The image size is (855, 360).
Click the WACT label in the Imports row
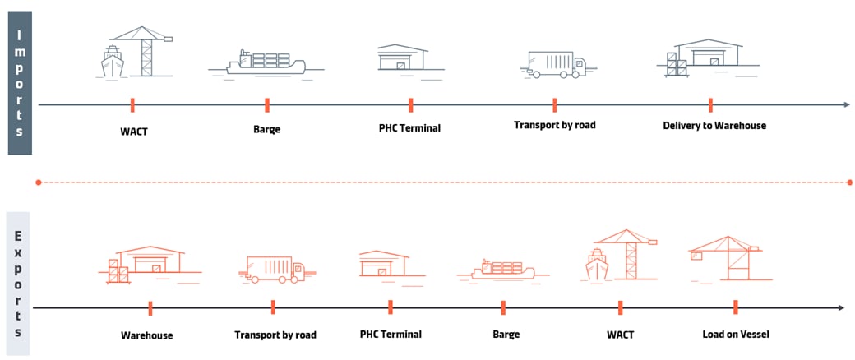pyautogui.click(x=133, y=129)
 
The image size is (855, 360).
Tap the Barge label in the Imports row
pyautogui.click(x=266, y=128)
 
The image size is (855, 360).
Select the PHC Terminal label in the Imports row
pyautogui.click(x=409, y=128)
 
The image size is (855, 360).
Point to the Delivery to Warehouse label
pyautogui.click(x=714, y=126)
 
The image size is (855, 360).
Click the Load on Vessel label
pyautogui.click(x=735, y=334)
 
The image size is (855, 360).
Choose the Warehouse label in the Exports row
pyautogui.click(x=147, y=335)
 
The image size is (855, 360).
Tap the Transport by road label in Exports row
pyautogui.click(x=275, y=335)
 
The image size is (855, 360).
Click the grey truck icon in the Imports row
pyautogui.click(x=554, y=64)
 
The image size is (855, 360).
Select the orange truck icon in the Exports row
pyautogui.click(x=275, y=269)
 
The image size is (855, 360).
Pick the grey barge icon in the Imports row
pyautogui.click(x=266, y=63)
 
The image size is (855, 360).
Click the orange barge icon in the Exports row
pyautogui.click(x=501, y=269)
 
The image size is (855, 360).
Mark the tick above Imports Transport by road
pyautogui.click(x=554, y=104)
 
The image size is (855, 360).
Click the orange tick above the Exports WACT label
pyautogui.click(x=620, y=307)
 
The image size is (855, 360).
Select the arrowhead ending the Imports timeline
pyautogui.click(x=846, y=104)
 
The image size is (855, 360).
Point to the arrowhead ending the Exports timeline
pyautogui.click(x=840, y=307)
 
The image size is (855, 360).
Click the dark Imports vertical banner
pyautogui.click(x=19, y=82)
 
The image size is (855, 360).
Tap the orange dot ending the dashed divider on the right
pyautogui.click(x=849, y=182)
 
